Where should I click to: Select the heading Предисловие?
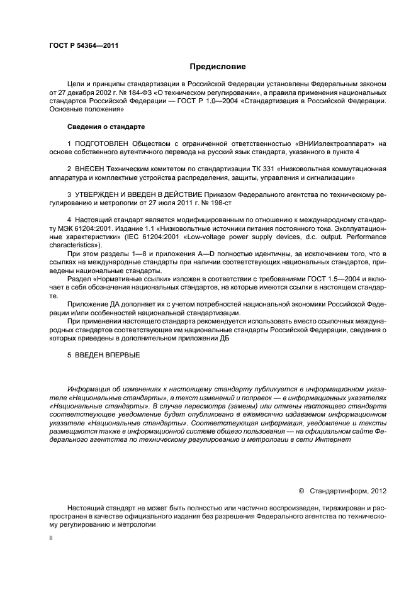[218, 66]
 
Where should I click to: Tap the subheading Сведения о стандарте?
[102, 126]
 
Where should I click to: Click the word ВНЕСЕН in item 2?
[89, 170]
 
